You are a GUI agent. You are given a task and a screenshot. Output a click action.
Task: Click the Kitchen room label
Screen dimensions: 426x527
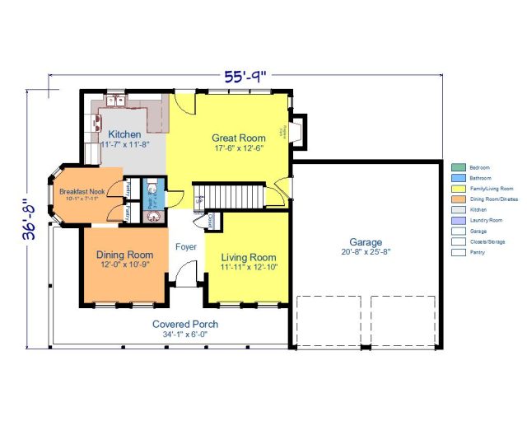point(125,133)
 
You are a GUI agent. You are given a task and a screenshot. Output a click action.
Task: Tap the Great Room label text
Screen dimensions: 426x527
point(239,138)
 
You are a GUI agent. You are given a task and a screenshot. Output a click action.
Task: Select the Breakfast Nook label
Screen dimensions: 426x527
point(78,191)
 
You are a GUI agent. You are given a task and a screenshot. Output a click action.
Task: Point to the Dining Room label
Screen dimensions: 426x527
point(124,255)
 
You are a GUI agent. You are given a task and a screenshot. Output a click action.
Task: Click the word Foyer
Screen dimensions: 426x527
point(185,246)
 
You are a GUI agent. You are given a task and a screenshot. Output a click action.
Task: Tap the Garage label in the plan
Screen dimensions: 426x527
point(366,242)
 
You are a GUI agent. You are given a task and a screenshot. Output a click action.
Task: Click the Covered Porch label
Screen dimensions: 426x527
point(185,324)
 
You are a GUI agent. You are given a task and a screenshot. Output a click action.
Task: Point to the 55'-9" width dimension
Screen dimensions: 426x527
point(247,77)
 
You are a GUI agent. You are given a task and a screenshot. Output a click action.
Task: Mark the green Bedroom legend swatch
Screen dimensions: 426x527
point(457,167)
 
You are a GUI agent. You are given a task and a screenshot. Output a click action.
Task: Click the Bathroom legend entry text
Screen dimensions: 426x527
point(479,178)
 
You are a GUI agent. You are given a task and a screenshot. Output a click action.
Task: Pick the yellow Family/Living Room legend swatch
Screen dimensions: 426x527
point(457,189)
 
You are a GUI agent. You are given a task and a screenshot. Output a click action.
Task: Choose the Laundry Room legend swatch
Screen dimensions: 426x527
point(457,221)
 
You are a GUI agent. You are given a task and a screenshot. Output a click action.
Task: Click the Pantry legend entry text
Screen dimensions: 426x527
point(477,252)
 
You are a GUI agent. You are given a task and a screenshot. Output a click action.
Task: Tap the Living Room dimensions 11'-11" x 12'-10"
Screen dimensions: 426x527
point(248,268)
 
